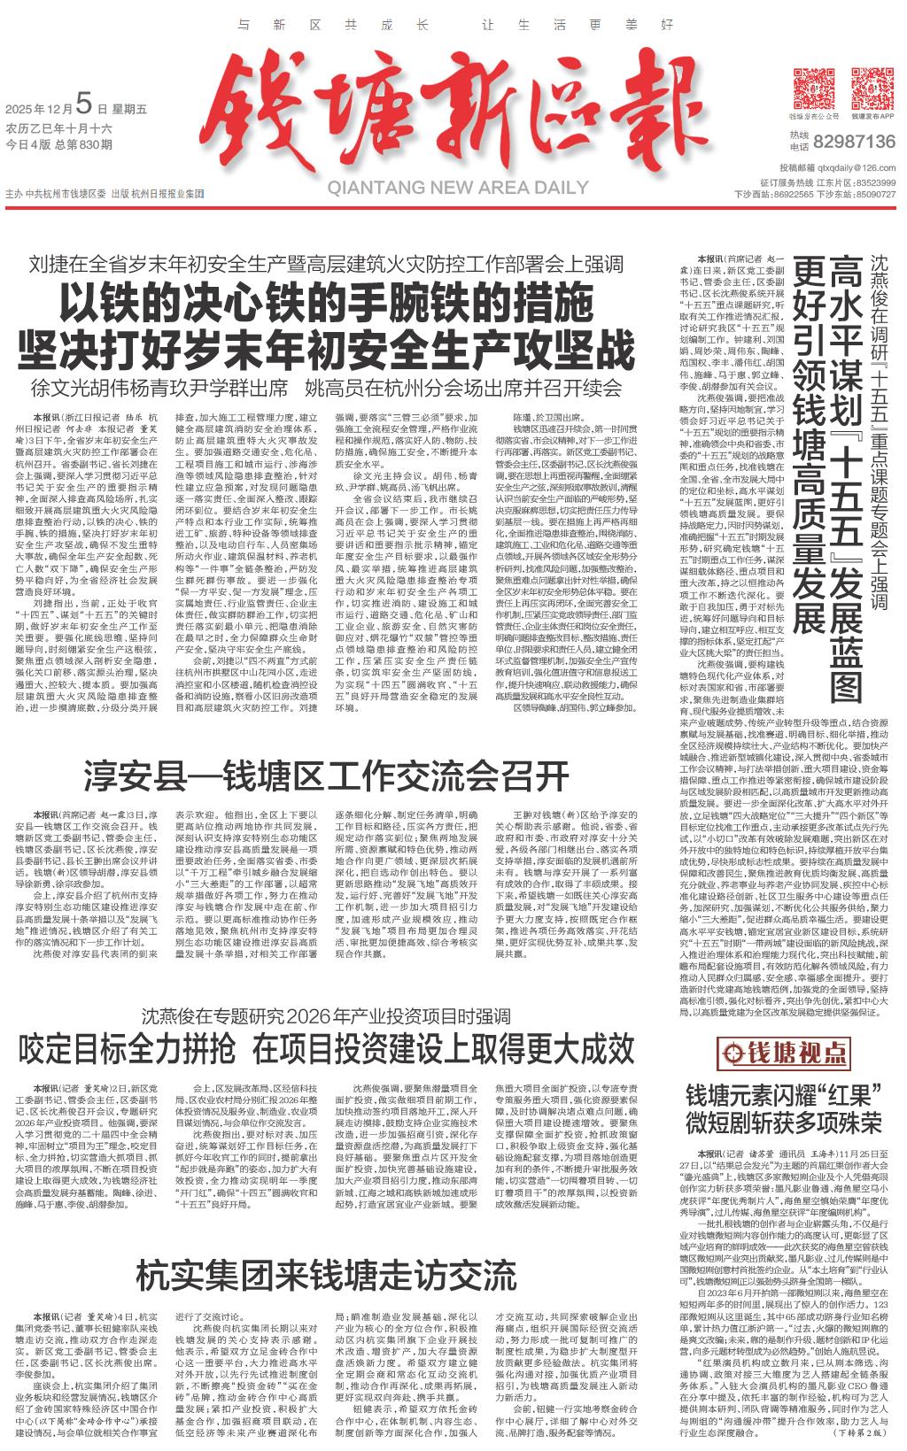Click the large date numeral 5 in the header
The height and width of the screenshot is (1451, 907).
tap(84, 105)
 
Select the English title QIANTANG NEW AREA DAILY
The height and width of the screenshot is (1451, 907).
tap(458, 188)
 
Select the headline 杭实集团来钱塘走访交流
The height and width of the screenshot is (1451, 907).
tap(326, 1277)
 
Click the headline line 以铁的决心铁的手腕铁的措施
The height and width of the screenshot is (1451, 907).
tap(326, 305)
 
